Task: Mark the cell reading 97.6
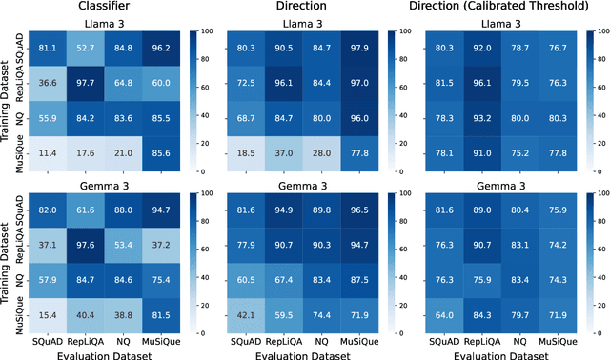(x=87, y=243)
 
